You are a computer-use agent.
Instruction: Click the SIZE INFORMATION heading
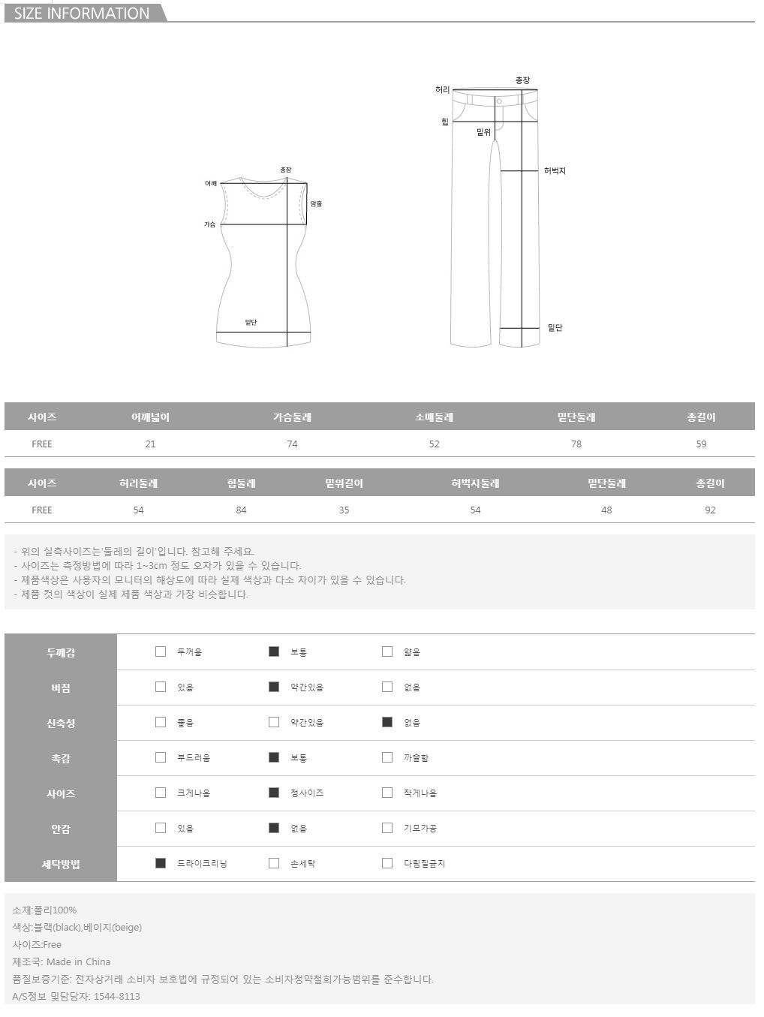click(82, 14)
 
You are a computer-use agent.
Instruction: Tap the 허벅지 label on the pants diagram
click(555, 171)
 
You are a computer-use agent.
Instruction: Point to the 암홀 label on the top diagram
click(316, 204)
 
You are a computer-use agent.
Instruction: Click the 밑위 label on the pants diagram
click(483, 133)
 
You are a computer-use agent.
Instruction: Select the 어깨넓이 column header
click(150, 417)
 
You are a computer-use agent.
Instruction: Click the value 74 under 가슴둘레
click(292, 444)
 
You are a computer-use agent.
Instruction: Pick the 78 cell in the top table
click(576, 444)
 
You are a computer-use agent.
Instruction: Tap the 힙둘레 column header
click(241, 483)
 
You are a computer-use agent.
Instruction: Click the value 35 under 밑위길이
click(344, 510)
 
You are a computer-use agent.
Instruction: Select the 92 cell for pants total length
click(710, 510)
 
